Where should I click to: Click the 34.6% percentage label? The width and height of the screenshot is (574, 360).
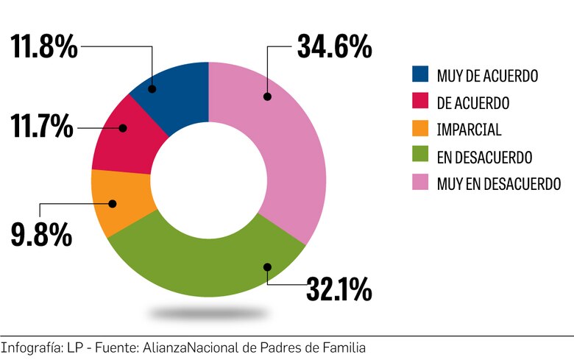click(x=334, y=47)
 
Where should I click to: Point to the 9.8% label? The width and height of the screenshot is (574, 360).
click(x=41, y=234)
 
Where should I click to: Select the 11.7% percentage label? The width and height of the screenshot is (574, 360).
click(x=42, y=126)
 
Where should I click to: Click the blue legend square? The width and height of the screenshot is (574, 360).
click(x=420, y=74)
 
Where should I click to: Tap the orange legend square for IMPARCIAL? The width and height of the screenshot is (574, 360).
click(x=420, y=129)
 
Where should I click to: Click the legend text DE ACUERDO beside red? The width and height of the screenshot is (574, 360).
click(x=472, y=102)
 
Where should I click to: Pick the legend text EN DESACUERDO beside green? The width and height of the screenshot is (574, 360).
click(x=484, y=156)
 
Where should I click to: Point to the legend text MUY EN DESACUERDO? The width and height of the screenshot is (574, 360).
click(x=498, y=183)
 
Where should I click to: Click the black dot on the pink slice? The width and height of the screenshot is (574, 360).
click(x=268, y=96)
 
